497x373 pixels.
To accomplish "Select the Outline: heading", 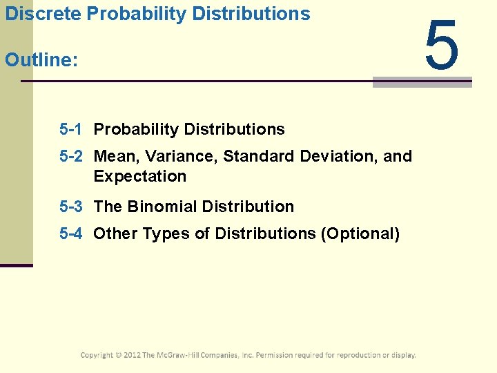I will [x=41, y=60].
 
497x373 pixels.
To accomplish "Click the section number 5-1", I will [x=71, y=129].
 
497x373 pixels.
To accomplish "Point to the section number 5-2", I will [x=71, y=156].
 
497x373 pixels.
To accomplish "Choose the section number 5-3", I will [x=71, y=207].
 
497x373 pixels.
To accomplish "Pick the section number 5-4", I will [x=71, y=233].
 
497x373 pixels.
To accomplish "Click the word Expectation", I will [x=139, y=176].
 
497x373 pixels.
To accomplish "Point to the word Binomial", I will [x=162, y=207].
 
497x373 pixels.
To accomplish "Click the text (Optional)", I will [x=360, y=233].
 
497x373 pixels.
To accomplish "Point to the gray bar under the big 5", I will [x=422, y=82].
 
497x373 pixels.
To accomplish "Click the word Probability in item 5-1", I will [x=128, y=129].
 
